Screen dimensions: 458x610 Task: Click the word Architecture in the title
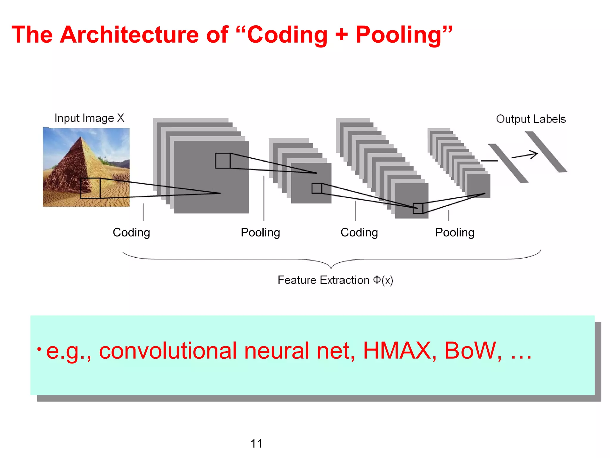coord(129,35)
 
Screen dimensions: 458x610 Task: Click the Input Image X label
coord(89,118)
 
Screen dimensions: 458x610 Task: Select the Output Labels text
coord(531,119)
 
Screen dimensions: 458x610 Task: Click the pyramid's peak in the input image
coord(81,137)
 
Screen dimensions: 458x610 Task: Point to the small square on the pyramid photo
coord(90,188)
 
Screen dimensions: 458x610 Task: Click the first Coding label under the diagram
coord(131,233)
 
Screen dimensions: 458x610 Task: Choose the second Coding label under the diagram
coord(359,233)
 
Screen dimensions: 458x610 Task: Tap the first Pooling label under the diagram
coord(260,233)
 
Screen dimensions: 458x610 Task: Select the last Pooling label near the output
coord(455,233)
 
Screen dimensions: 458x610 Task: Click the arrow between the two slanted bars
coord(525,155)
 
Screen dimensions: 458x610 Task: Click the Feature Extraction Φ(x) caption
coord(335,280)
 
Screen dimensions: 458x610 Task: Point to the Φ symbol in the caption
coord(377,280)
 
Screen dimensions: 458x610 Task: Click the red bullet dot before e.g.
coord(39,349)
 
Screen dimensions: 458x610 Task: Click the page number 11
coord(256,444)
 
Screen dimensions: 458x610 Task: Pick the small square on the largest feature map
coord(223,161)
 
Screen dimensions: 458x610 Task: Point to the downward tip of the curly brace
coord(331,267)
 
